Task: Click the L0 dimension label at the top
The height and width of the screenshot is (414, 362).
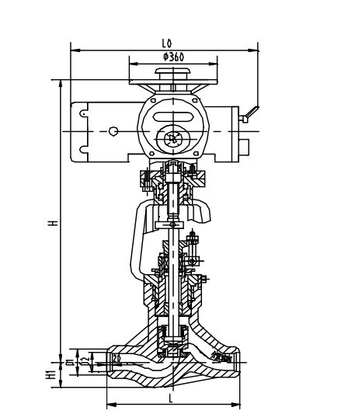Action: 166,45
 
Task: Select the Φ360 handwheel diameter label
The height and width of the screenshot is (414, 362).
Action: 172,57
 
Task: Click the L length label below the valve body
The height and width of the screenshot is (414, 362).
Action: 171,397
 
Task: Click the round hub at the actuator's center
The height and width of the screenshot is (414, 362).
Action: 172,141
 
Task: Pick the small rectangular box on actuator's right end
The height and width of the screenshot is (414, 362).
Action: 248,146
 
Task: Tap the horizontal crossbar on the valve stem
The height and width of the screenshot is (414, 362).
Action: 172,224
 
